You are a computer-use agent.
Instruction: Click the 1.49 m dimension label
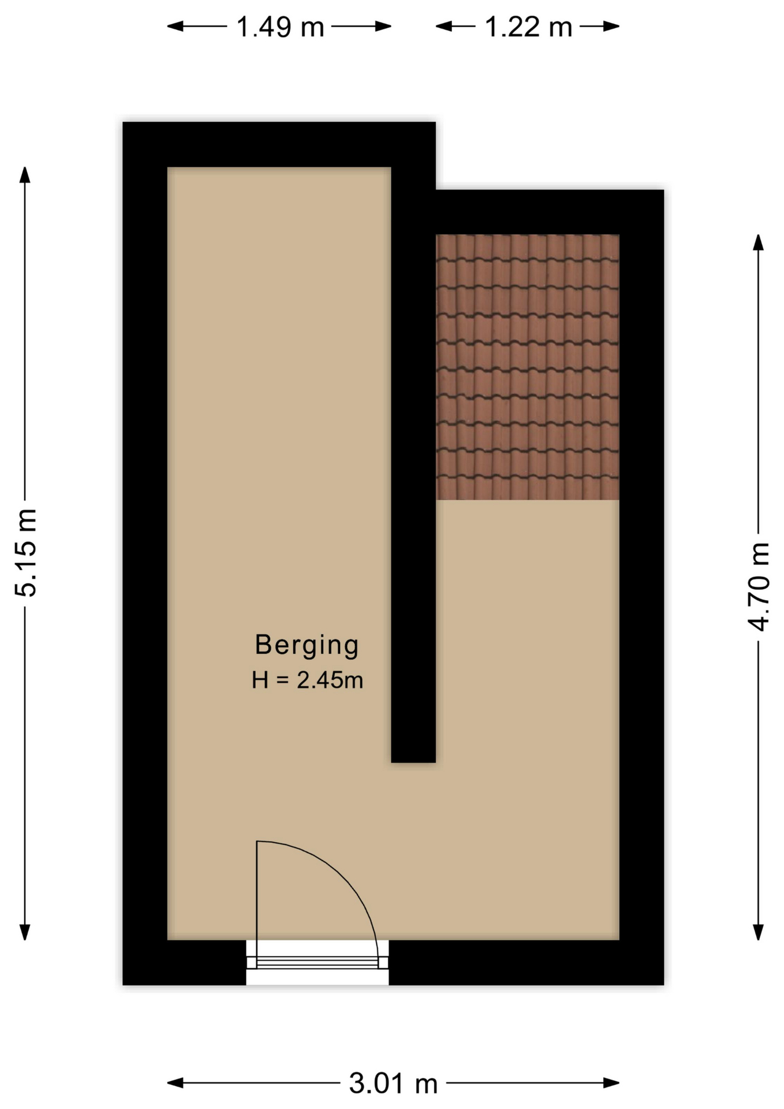280,27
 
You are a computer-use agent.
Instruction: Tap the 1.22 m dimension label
528,27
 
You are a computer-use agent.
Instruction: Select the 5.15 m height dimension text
26,553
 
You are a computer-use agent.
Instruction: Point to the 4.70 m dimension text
759,587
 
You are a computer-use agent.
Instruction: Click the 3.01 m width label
393,1083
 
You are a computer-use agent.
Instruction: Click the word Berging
307,645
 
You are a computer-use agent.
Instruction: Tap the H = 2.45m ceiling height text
307,680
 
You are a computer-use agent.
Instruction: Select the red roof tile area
527,367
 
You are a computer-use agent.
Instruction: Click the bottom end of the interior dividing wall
413,762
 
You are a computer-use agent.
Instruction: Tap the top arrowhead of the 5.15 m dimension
25,174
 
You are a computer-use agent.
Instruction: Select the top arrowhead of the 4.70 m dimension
759,242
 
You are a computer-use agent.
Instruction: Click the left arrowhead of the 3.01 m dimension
176,1083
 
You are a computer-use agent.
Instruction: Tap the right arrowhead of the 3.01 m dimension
611,1083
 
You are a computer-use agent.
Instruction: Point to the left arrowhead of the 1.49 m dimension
176,26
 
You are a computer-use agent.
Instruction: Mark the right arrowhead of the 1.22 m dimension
611,26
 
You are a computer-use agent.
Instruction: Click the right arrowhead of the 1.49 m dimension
383,26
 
